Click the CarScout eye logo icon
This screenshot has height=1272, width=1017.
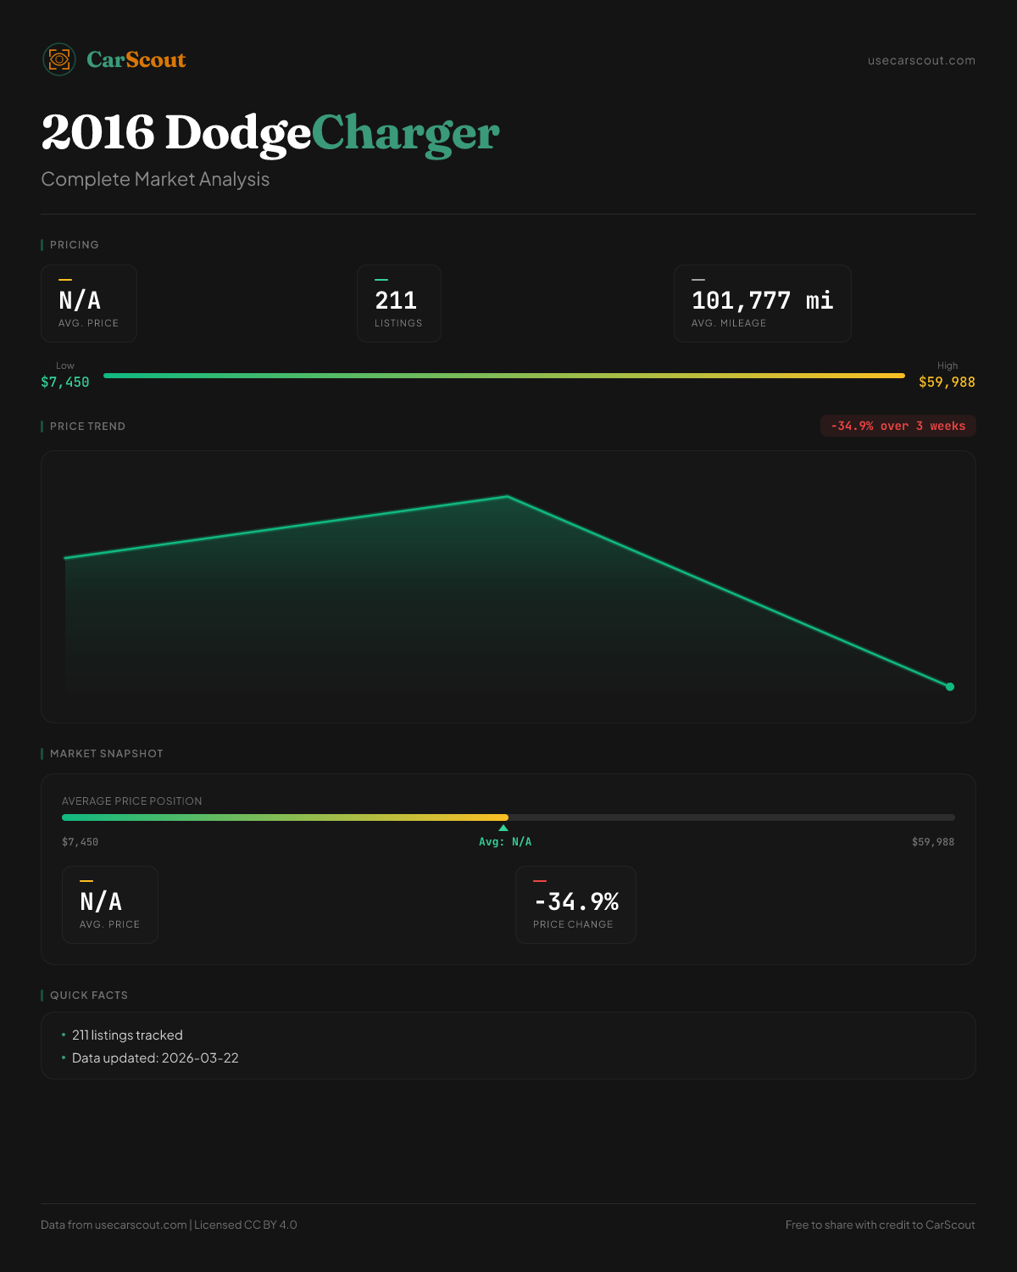coord(59,59)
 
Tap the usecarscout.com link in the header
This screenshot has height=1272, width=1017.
coord(921,60)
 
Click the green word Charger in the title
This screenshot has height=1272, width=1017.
coord(405,133)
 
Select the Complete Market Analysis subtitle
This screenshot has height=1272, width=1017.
coord(155,179)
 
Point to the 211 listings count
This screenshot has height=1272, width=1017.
coord(396,300)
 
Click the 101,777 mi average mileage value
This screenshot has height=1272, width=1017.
coord(762,300)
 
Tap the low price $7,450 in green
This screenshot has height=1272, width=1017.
coord(65,382)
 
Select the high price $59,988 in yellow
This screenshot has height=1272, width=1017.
coord(947,382)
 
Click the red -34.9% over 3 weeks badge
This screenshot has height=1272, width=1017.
coord(898,426)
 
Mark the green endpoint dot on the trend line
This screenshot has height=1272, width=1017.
coord(950,687)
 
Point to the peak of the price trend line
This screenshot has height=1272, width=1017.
coord(508,496)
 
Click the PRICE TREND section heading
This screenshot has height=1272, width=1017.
coord(87,427)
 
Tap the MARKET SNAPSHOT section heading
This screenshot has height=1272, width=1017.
coord(106,754)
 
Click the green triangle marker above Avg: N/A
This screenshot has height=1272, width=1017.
coord(503,828)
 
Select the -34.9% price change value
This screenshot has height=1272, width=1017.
coord(576,901)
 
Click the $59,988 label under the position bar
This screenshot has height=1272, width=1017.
coord(932,842)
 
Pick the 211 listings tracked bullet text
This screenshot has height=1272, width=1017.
coord(127,1035)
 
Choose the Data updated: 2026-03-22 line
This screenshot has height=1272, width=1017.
coord(155,1058)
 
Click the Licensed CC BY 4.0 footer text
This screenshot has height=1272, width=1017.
coord(246,1225)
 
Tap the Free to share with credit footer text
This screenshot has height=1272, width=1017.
coord(880,1225)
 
